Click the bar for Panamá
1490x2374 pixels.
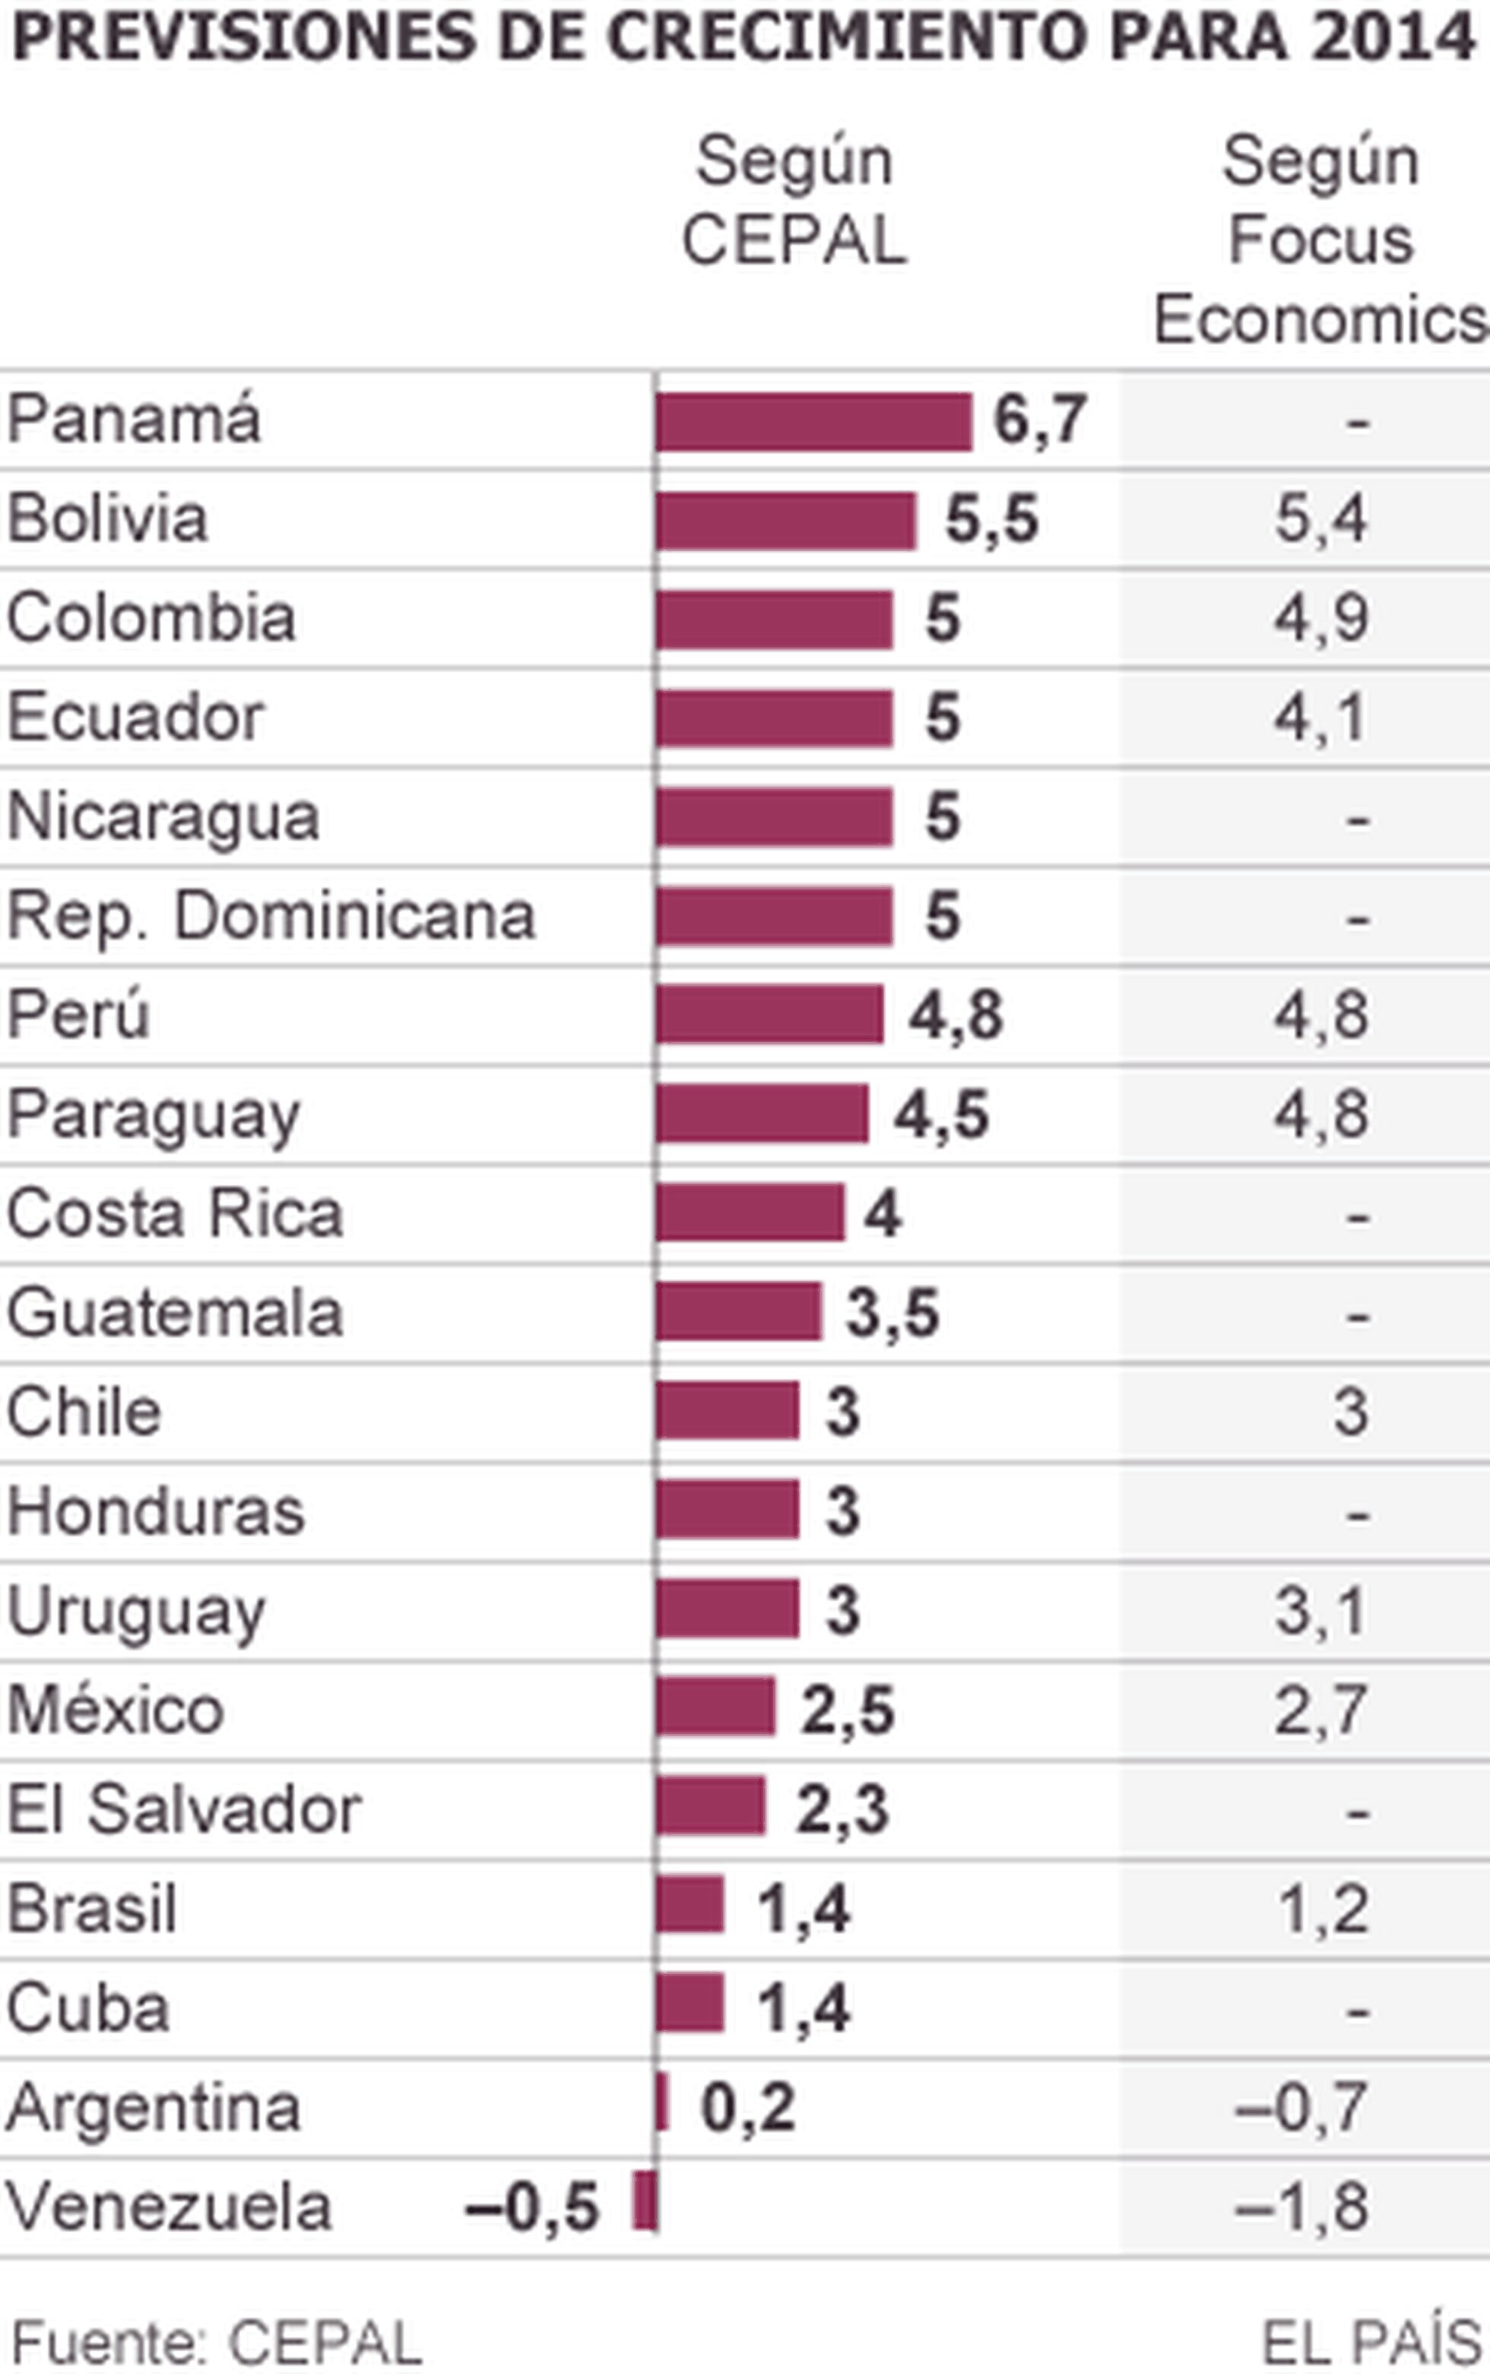click(x=814, y=422)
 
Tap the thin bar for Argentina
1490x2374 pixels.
click(x=662, y=2108)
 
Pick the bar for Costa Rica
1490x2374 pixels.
click(x=750, y=1213)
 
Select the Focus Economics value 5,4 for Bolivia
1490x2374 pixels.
click(x=1320, y=520)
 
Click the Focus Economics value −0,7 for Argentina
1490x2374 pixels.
click(x=1301, y=2108)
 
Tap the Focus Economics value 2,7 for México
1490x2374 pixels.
click(x=1320, y=1712)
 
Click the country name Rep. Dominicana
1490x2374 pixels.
click(x=271, y=918)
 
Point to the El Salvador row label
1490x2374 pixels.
click(x=184, y=1811)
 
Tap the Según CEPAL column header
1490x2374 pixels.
click(x=794, y=200)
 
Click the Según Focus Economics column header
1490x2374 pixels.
click(x=1320, y=239)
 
